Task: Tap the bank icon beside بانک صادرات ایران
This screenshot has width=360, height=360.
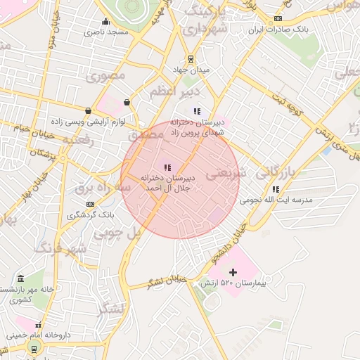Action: click(x=278, y=18)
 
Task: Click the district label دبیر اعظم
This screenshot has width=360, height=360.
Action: click(x=175, y=91)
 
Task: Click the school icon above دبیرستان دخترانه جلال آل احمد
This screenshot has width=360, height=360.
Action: click(x=167, y=167)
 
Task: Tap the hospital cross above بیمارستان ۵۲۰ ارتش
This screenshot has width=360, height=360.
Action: click(x=233, y=271)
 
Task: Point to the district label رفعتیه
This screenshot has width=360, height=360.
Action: click(x=78, y=141)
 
